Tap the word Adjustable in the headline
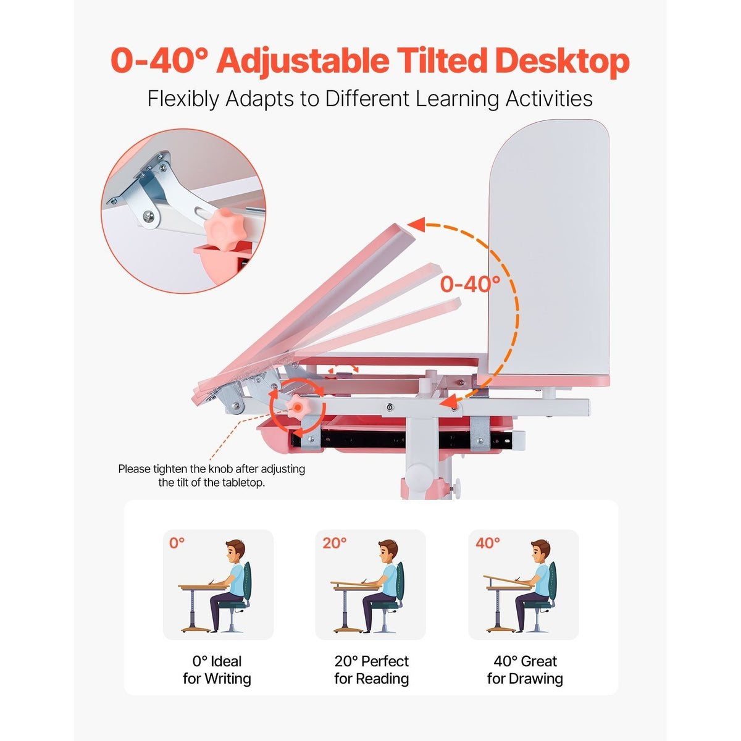[x=303, y=61]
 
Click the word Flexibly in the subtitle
[x=183, y=99]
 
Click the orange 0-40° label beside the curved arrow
[x=470, y=284]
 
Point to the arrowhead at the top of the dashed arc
[x=416, y=225]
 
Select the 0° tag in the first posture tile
[x=177, y=543]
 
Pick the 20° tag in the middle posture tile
[x=334, y=543]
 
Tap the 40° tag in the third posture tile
[x=487, y=543]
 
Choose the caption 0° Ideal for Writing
[x=217, y=670]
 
